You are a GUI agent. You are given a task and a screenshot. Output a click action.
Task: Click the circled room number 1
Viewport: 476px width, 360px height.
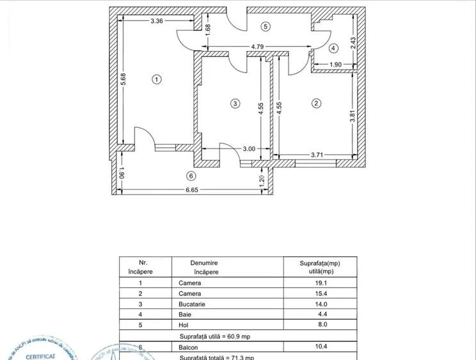point(155,79)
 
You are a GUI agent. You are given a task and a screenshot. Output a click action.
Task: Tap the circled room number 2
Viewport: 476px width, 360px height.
point(315,102)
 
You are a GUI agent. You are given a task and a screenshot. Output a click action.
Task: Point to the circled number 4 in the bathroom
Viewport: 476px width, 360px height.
point(333,49)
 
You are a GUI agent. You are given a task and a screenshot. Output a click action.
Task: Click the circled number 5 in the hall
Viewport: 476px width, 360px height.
point(266,26)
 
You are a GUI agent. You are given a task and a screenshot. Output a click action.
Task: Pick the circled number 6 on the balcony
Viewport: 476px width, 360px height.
point(189,176)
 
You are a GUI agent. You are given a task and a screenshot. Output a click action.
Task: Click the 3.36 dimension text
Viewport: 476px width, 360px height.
point(157,20)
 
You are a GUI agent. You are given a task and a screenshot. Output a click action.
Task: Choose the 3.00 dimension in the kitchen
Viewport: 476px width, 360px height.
point(249,149)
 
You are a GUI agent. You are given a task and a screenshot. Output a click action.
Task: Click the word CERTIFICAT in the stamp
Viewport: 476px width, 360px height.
point(40,356)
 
